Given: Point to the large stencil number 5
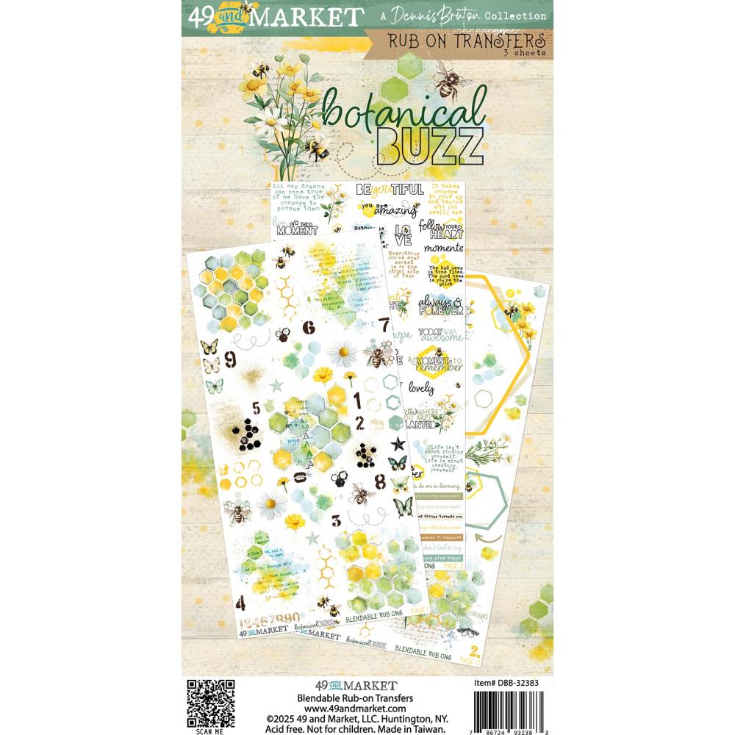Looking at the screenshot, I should pyautogui.click(x=255, y=409).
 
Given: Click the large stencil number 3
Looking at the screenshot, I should pyautogui.click(x=335, y=520).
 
